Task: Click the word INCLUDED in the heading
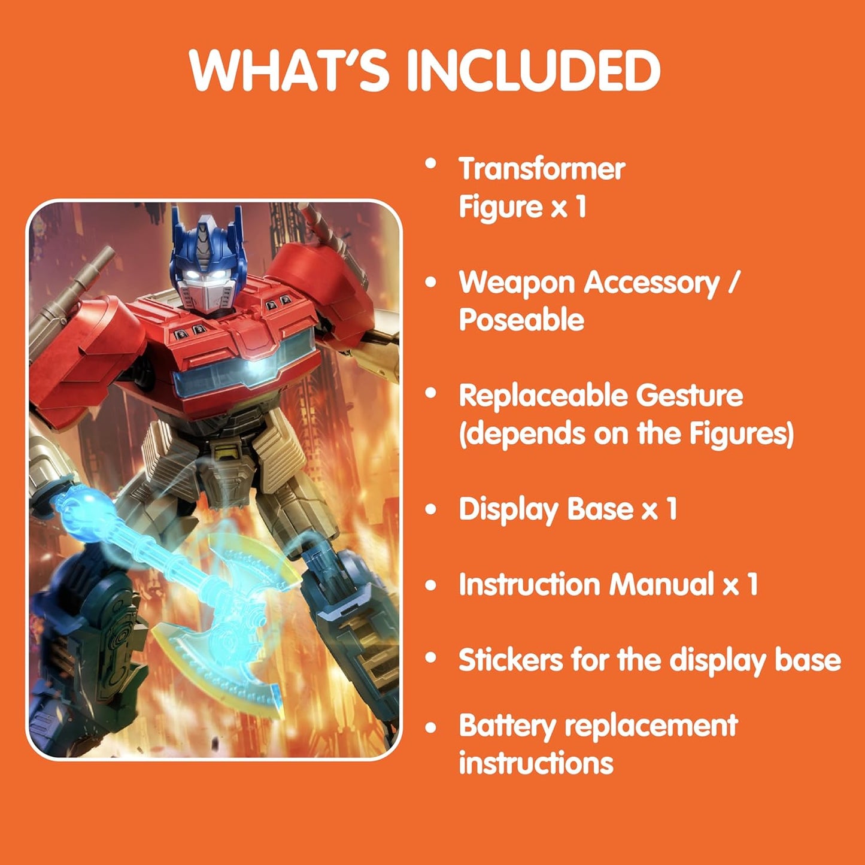click(533, 70)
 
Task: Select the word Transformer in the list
click(542, 169)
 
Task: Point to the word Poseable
click(521, 320)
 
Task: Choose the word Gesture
click(689, 396)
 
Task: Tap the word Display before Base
click(508, 509)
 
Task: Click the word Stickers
click(510, 660)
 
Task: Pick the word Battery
click(507, 726)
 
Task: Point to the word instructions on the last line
click(536, 764)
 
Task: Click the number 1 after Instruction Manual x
click(752, 584)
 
